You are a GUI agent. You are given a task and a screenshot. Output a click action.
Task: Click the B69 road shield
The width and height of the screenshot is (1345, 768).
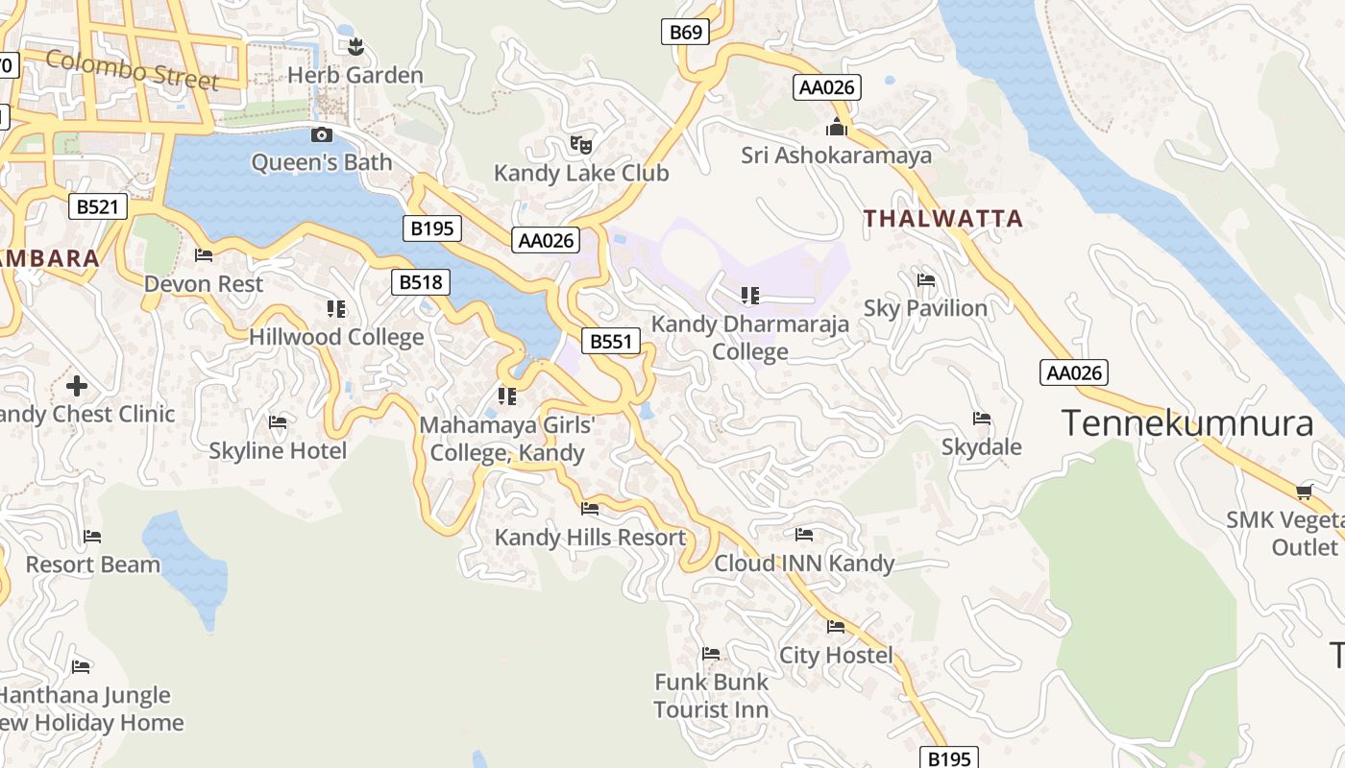tap(686, 32)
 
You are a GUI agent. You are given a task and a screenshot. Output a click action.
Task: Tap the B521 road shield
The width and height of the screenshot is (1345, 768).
tap(97, 206)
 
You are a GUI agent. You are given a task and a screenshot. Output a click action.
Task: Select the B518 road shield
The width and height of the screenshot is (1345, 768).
tap(421, 281)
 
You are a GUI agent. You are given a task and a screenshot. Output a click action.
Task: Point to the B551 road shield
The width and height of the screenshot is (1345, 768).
tap(611, 341)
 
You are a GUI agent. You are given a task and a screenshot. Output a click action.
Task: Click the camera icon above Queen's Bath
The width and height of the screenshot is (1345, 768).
tap(322, 135)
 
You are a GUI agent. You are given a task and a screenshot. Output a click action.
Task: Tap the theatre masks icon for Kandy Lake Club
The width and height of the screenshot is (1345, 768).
tap(580, 145)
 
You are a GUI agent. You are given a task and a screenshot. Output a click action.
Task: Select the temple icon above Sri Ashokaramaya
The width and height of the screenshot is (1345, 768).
tap(837, 127)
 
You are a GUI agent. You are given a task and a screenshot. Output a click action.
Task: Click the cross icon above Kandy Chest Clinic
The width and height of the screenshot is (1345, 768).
tap(77, 386)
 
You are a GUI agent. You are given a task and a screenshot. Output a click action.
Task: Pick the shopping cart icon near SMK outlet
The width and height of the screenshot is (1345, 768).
tap(1304, 492)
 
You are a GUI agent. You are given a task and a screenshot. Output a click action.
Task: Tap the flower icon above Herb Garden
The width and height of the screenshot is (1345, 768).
tap(355, 46)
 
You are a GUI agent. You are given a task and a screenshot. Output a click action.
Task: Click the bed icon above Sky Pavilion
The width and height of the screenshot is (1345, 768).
tap(926, 280)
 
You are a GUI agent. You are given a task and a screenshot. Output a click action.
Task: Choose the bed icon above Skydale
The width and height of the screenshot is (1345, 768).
tap(982, 419)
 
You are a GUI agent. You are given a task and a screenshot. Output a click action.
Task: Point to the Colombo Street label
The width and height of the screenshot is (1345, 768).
tap(132, 70)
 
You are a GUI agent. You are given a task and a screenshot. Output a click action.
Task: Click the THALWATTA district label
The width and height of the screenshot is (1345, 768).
tap(942, 219)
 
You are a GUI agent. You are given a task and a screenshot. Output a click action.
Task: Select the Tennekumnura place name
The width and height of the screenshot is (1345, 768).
tap(1187, 422)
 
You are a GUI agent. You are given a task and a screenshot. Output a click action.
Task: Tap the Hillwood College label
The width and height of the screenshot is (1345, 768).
tap(336, 337)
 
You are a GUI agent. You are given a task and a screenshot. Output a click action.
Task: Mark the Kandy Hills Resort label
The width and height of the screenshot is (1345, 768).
tap(590, 538)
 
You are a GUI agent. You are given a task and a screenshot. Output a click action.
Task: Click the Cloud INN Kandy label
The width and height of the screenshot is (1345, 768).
tap(804, 564)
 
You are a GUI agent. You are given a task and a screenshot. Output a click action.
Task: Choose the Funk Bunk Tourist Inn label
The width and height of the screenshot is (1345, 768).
tap(711, 696)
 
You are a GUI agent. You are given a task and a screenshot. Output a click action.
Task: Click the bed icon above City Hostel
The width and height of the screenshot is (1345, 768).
tap(836, 627)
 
